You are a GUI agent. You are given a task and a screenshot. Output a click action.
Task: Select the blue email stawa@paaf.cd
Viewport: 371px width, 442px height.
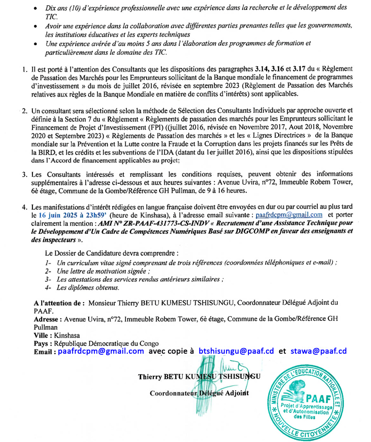[319, 351]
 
